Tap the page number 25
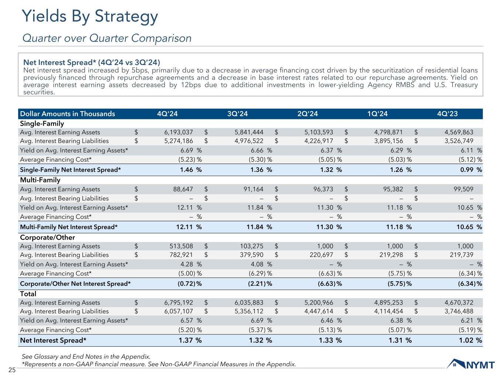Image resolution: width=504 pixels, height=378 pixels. (x=11, y=370)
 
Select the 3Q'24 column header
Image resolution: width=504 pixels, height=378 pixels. (x=237, y=114)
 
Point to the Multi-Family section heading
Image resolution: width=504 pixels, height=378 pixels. (x=40, y=180)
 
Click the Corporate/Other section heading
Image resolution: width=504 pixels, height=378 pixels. (x=47, y=237)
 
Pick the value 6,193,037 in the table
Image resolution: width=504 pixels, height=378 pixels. (x=179, y=132)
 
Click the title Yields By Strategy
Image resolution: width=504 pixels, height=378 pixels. (x=90, y=17)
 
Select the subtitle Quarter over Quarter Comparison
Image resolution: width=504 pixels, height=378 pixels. (x=107, y=38)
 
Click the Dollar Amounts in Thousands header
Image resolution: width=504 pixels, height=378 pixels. (x=68, y=114)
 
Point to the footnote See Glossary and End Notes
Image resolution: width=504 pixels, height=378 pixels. (x=86, y=357)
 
